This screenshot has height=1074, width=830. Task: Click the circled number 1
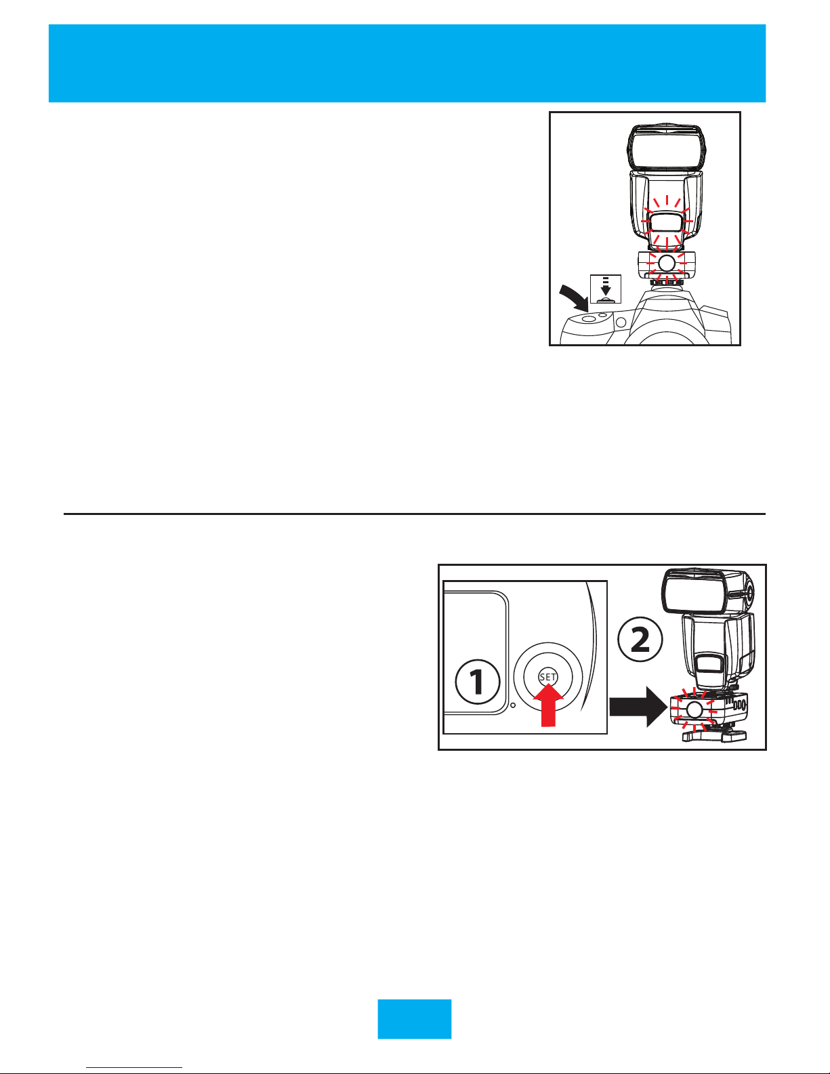(x=477, y=682)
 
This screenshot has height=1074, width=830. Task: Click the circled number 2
(x=640, y=640)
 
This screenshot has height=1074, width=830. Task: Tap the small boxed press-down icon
(x=606, y=289)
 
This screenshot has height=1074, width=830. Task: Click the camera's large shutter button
(x=588, y=318)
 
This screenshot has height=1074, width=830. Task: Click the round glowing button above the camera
(x=667, y=262)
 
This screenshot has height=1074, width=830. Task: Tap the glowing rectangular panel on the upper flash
(x=667, y=223)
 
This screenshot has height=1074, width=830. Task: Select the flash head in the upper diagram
(x=667, y=148)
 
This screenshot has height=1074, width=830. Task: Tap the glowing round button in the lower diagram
(x=694, y=709)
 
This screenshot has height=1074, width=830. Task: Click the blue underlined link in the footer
(x=134, y=1067)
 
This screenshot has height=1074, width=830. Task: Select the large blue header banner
(x=407, y=63)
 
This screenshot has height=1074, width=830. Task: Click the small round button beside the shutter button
(x=603, y=315)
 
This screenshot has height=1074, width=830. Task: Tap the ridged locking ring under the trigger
(x=667, y=282)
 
